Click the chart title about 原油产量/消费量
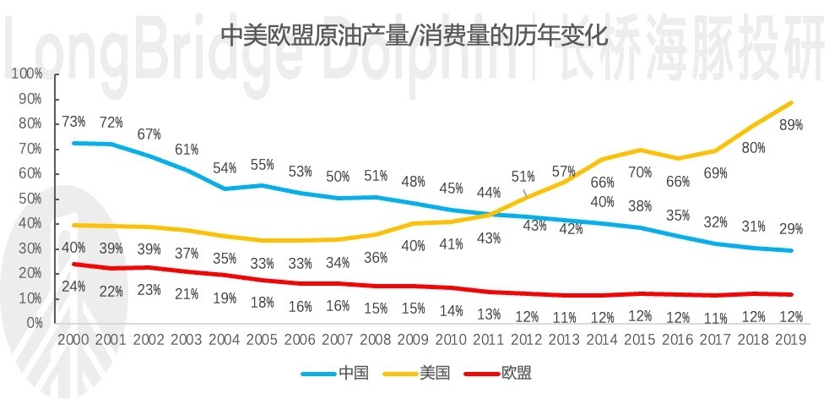pos(413,36)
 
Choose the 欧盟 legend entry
pos(517,372)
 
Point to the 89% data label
pos(791,124)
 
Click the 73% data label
pos(74,123)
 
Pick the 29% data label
pos(791,229)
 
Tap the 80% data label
pos(753,148)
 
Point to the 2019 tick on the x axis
pos(789,340)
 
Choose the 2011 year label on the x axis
pos(488,340)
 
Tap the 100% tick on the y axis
pos(29,74)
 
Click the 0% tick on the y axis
pos(34,323)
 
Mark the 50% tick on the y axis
pos(31,199)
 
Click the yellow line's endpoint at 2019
pos(791,102)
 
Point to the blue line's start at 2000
pos(74,143)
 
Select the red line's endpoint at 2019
pos(791,294)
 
